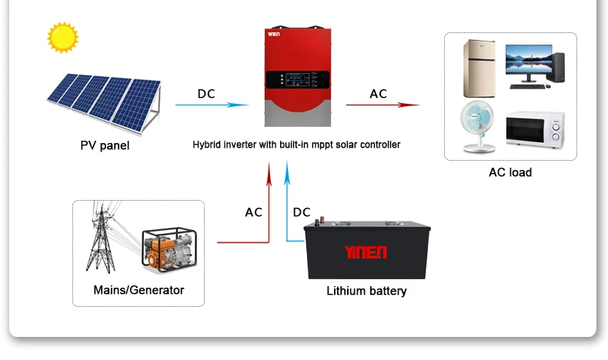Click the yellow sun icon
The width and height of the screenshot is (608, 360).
(x=63, y=37)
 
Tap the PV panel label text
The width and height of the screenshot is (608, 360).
(x=105, y=145)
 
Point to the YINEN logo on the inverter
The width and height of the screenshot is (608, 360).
(x=278, y=34)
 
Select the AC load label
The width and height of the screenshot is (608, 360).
(x=509, y=172)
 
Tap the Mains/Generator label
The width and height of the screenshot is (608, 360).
(x=139, y=290)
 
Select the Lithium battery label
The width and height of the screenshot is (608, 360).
(x=366, y=291)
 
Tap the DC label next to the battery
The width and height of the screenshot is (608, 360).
(x=302, y=212)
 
